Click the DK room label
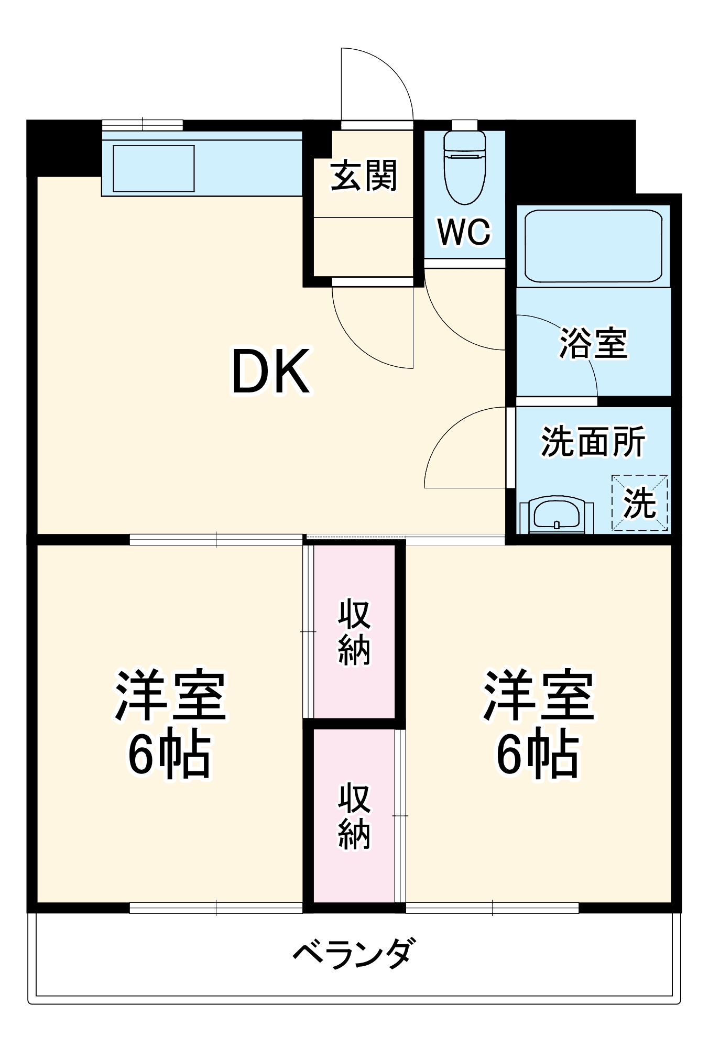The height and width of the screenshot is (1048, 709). coord(271,371)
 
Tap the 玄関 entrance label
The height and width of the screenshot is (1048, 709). coord(364,176)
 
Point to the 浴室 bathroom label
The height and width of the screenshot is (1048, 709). coord(593,344)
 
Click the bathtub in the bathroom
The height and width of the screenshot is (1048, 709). coord(593,246)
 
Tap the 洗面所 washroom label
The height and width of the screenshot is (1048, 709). coord(593,442)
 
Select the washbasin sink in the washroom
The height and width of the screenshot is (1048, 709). coord(557,515)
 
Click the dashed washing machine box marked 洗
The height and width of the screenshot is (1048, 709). coord(640,503)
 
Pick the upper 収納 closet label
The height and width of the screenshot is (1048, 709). coord(354,632)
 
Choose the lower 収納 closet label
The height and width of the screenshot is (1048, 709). coord(354,816)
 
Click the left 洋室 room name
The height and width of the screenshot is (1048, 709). coord(171,695)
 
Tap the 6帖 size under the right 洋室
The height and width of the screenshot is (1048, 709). coord(538,755)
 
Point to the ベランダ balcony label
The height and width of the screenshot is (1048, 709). coord(354,953)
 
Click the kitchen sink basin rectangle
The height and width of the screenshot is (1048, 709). coord(154,169)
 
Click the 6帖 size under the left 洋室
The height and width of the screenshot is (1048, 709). coord(170,755)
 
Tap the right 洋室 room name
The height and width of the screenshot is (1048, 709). coord(539,695)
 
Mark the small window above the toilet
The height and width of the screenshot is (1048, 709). coord(464,125)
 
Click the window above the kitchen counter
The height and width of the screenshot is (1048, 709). coord(142,125)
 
